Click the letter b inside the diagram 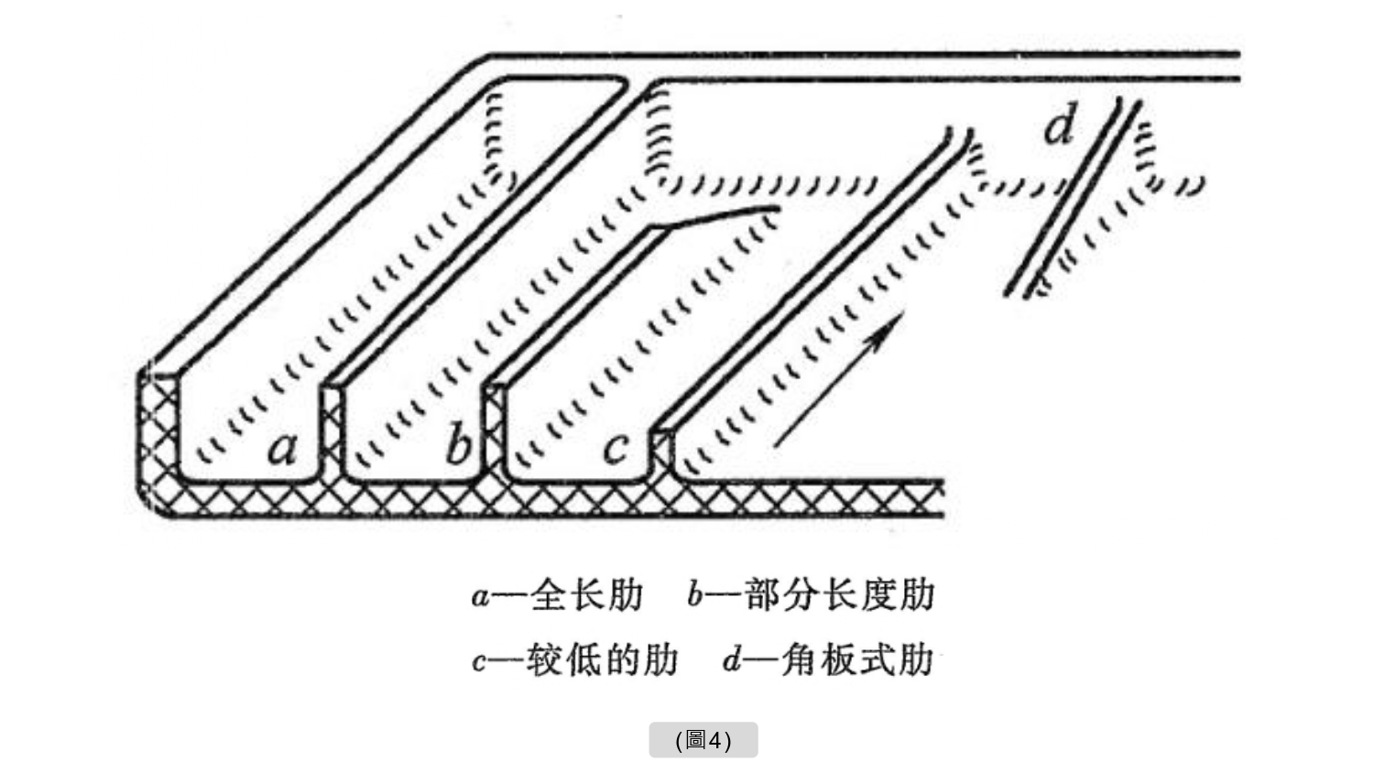[x=458, y=446]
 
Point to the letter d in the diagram [x=1059, y=126]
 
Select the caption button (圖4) [x=703, y=740]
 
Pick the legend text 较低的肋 [x=602, y=659]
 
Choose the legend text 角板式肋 [x=856, y=659]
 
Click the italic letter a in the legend [x=480, y=597]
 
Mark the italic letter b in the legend [x=695, y=595]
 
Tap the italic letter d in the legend [x=731, y=659]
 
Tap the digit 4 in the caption [x=715, y=740]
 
